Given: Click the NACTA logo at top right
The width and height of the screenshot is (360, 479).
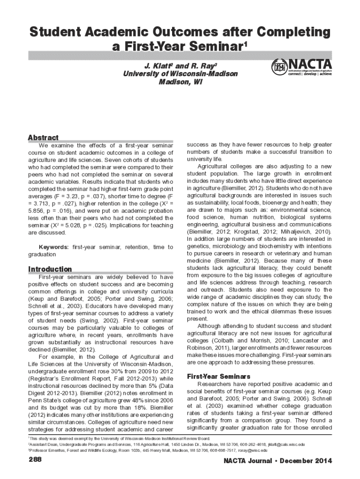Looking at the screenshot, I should [302, 67].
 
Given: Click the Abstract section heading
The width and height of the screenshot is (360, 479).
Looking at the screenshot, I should [43, 138].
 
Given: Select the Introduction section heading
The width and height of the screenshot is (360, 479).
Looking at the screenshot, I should [50, 269].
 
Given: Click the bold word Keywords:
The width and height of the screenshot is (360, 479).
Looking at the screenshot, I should [54, 247].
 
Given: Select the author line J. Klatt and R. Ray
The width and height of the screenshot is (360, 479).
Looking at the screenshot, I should [180, 65].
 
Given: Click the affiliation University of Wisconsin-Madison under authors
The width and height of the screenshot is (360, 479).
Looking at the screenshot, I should [180, 74].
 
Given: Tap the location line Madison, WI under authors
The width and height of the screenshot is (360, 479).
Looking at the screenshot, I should [180, 82].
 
